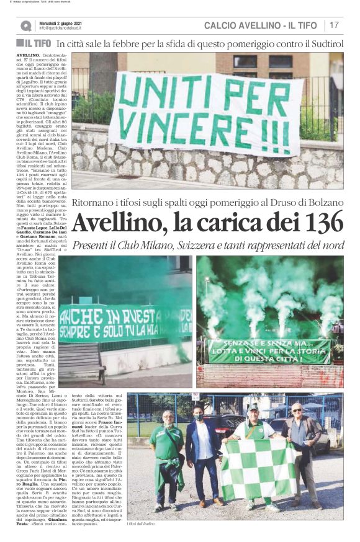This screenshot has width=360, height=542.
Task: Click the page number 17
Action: click(x=335, y=25)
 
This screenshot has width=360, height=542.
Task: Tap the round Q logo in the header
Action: click(x=25, y=25)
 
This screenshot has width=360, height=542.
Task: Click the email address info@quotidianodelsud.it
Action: click(x=65, y=28)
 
